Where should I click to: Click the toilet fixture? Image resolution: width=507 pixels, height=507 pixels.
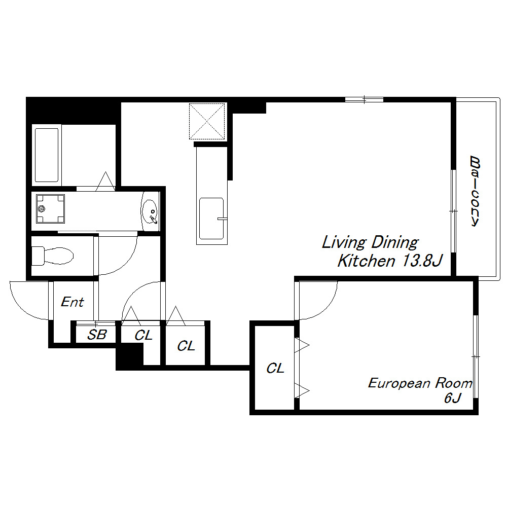pos(52,256)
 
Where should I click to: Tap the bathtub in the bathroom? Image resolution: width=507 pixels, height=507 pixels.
pos(47,155)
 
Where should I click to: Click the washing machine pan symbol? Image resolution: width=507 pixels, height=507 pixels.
pos(50,208)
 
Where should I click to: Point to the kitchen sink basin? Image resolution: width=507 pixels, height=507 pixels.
pos(211,219)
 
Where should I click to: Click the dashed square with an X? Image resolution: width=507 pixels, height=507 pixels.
pos(207,121)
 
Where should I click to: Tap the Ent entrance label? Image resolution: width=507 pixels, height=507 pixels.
pos(73,302)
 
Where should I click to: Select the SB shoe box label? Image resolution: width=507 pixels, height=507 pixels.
pos(97,335)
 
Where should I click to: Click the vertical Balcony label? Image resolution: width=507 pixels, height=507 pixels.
pos(475,191)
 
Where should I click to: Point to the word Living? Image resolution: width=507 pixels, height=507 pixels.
pos(344,242)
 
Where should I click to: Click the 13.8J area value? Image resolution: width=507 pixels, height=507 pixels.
pos(422,261)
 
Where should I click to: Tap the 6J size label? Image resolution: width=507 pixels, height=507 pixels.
pos(452,397)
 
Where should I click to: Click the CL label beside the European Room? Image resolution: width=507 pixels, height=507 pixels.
pos(275,368)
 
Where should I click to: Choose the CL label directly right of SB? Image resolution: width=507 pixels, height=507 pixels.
pos(143,335)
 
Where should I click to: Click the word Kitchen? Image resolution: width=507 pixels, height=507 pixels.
pos(366,261)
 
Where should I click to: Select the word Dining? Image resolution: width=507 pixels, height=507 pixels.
pos(394,242)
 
